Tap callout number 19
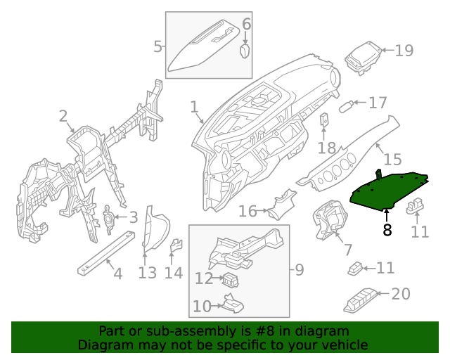pos(404,51)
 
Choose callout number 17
pos(378,103)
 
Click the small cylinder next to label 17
pos(346,106)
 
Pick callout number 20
pos(400,294)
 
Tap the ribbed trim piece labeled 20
pos(361,300)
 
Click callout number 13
pos(147,273)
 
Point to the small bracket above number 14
pos(177,245)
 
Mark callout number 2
pos(63,116)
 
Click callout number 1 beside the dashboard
pos(194,107)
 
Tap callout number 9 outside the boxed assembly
pos(298,269)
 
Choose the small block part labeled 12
pos(231,281)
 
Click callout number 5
pos(157,47)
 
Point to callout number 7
pos(347,250)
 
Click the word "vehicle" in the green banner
pos(345,345)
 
